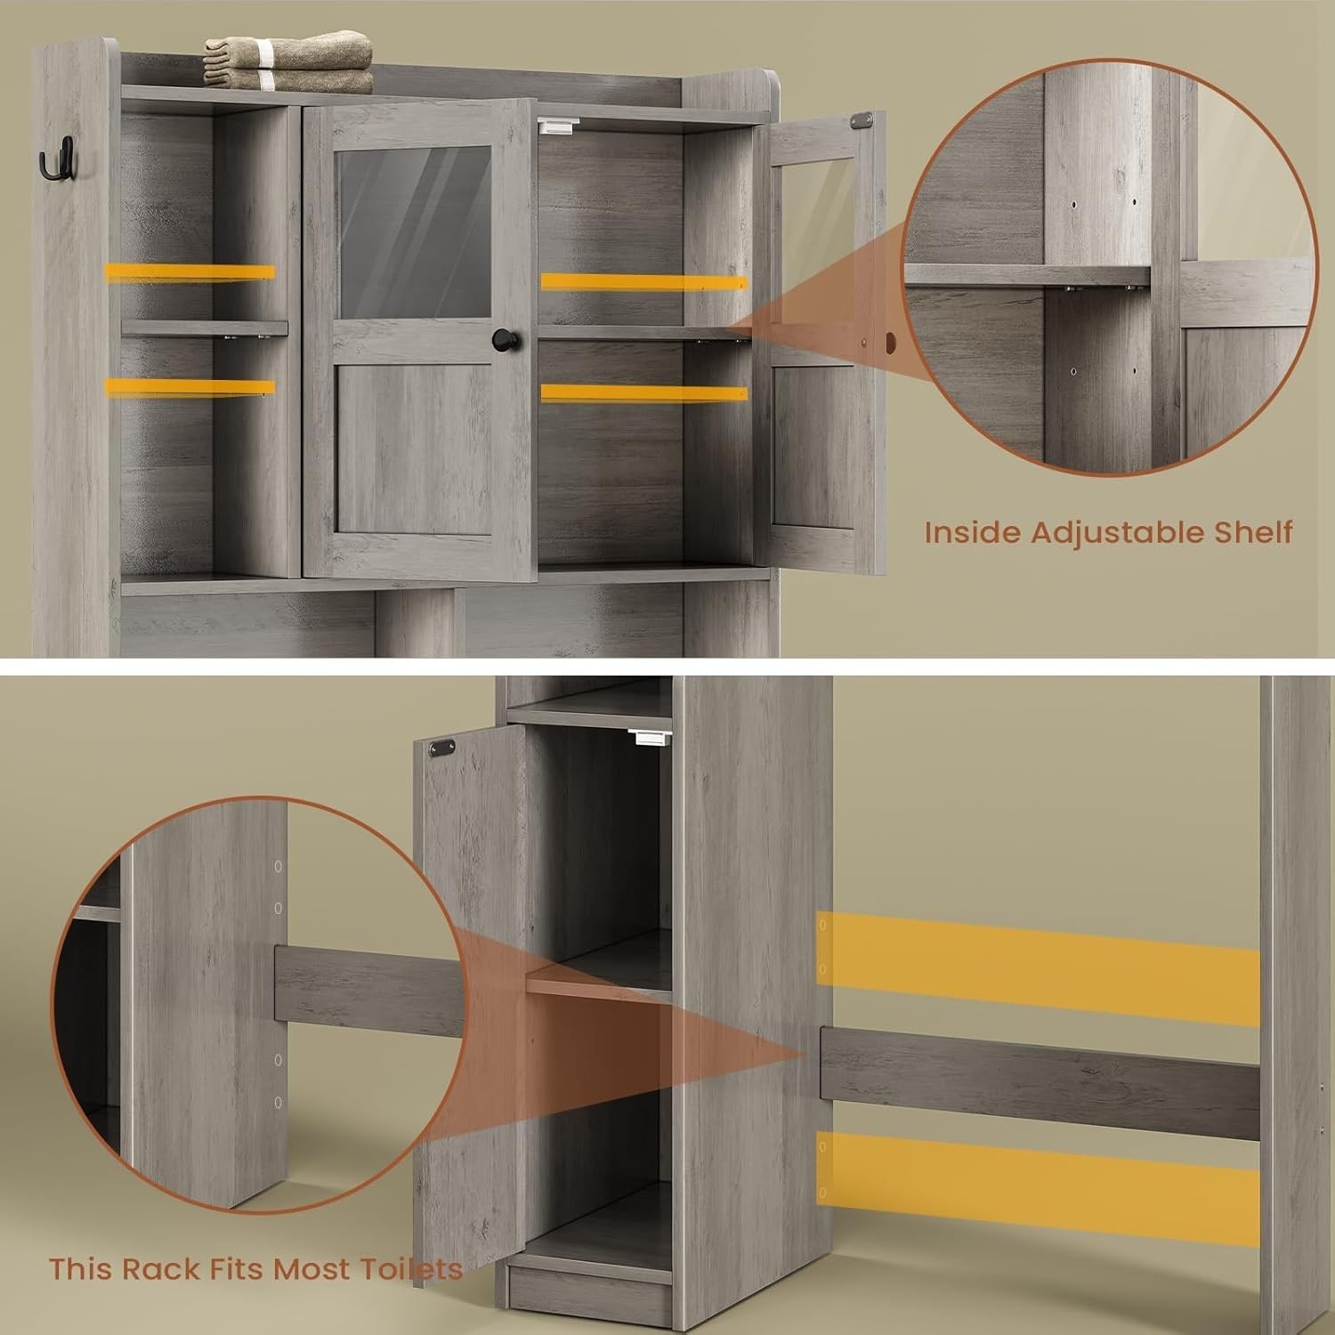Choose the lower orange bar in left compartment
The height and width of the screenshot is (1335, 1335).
[189, 386]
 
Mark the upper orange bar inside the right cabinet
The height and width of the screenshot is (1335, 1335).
[643, 281]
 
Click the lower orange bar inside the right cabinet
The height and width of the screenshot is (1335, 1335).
[643, 392]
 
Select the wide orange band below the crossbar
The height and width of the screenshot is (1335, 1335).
[1037, 1166]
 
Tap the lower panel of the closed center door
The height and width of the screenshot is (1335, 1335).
[414, 454]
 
